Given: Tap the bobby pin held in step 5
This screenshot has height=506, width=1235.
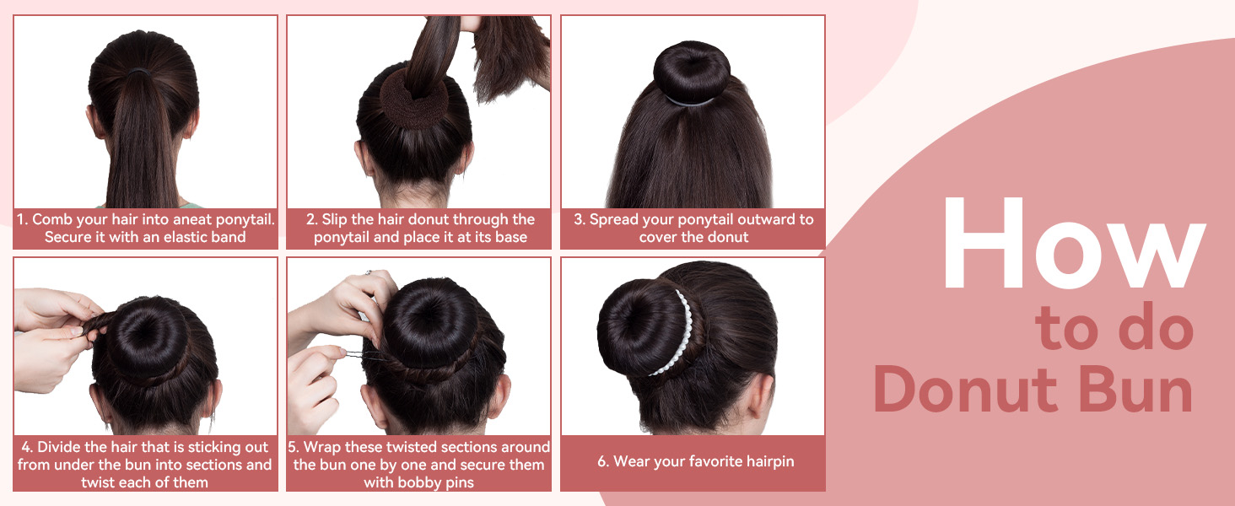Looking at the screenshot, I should tap(354, 354).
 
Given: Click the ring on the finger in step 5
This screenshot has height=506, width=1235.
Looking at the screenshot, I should tap(369, 272).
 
